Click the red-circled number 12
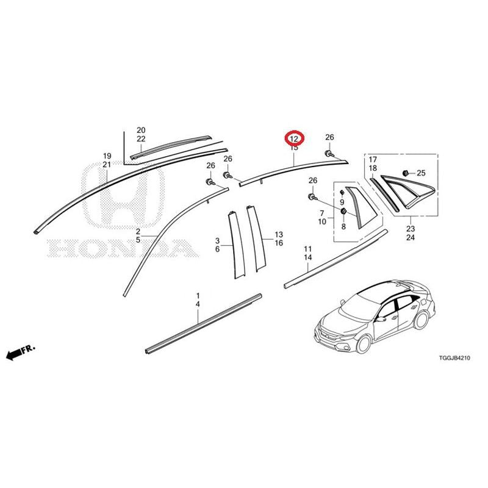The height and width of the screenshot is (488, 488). tap(294, 138)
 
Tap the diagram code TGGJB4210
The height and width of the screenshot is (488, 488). tap(454, 358)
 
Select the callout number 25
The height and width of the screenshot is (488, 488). tap(421, 173)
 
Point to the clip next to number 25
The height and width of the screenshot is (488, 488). tap(406, 172)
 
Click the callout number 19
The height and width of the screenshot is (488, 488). tap(107, 156)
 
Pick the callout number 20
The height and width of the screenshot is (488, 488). tap(141, 130)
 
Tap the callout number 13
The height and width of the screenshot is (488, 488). tap(279, 234)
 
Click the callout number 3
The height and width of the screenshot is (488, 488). tap(217, 240)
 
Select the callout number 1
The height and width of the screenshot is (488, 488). tap(198, 295)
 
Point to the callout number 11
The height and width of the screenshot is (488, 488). tap(308, 249)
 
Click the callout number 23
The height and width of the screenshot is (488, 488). tap(411, 229)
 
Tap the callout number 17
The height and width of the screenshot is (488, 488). tap(373, 160)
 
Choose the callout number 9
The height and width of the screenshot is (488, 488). tap(342, 203)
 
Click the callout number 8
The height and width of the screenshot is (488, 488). tap(343, 226)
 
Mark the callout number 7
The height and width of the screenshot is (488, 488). tap(322, 213)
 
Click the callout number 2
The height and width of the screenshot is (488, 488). tap(138, 232)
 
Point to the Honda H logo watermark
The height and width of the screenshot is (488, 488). tap(123, 195)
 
